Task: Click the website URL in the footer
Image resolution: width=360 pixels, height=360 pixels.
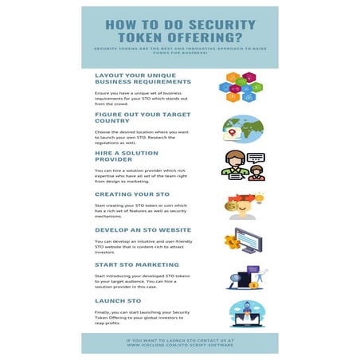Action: point(179,346)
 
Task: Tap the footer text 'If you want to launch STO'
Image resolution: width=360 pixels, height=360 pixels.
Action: point(179,340)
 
